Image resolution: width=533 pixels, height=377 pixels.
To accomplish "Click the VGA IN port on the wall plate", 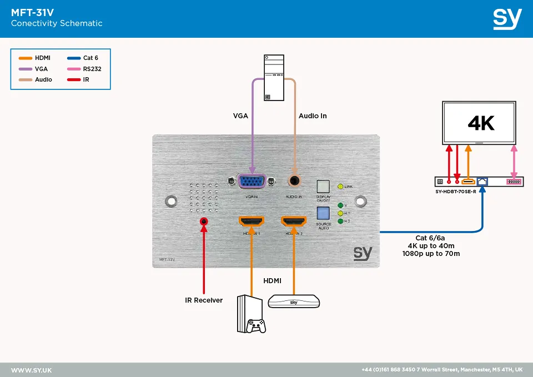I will pos(252,182).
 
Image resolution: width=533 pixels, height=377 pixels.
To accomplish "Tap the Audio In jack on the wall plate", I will pos(294,181).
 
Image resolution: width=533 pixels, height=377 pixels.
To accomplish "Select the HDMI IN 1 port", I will pos(251,222).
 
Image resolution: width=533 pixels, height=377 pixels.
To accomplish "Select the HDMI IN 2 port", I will pos(294,222).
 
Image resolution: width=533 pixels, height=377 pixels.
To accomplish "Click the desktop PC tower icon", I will pos(274,78).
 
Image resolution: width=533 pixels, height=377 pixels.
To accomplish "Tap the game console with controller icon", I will pos(251,314).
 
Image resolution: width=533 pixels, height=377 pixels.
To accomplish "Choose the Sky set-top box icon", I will pos(294,301).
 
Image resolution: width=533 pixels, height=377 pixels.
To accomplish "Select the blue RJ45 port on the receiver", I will pos(482,182).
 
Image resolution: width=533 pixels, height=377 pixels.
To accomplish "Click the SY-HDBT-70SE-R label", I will pos(456,192).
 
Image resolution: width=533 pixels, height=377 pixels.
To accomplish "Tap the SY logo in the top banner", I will pos(507,18).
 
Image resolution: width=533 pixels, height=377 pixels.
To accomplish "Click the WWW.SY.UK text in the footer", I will pos(32,370).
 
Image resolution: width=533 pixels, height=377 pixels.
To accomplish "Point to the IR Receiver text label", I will pos(204,300).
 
